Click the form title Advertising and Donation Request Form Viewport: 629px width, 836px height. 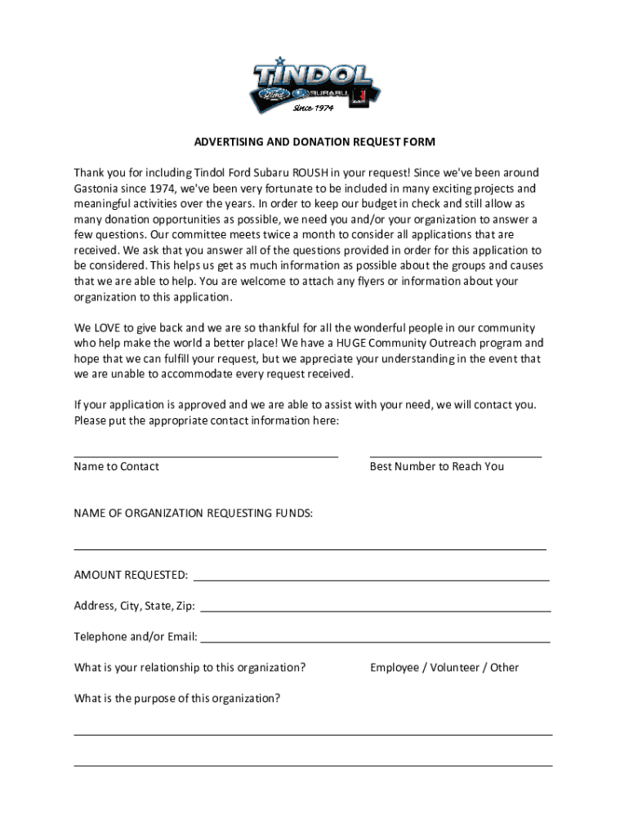[314, 142]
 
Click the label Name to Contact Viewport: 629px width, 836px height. [116, 467]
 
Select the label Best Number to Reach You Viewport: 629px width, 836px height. [437, 467]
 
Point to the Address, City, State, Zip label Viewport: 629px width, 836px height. [135, 606]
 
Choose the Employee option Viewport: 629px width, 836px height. [394, 668]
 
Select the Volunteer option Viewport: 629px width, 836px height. [455, 668]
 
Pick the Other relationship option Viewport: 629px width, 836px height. [504, 668]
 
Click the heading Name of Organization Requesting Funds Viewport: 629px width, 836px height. [193, 514]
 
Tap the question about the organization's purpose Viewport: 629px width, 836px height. [177, 698]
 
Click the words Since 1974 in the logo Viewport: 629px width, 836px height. [313, 109]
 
